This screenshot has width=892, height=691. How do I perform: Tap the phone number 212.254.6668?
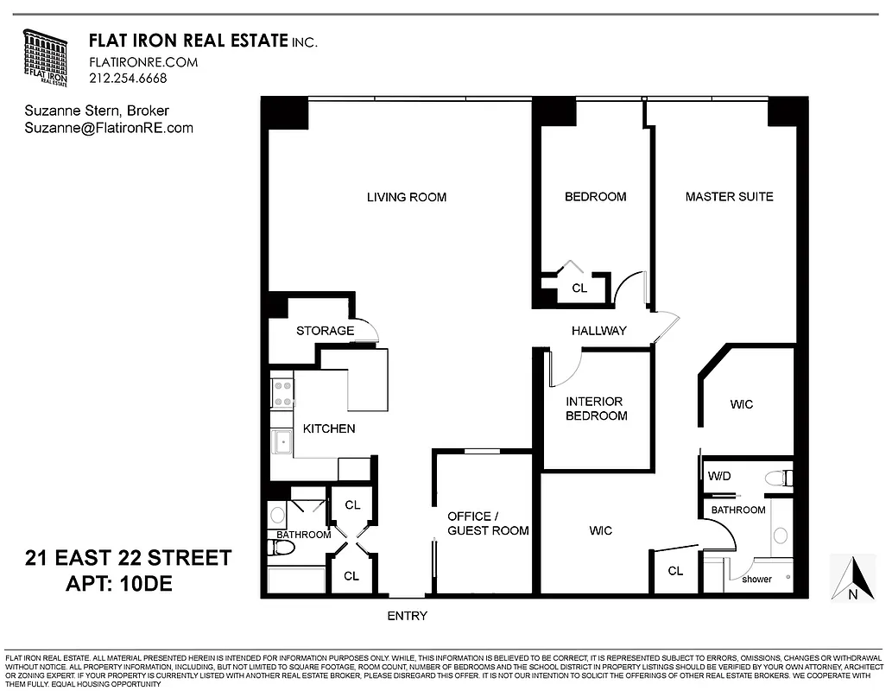(128, 78)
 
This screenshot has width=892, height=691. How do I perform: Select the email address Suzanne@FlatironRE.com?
(109, 128)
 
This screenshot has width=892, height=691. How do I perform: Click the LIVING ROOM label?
(407, 197)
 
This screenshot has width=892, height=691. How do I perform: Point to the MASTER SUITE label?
(729, 196)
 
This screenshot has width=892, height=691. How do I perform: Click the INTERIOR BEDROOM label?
(596, 409)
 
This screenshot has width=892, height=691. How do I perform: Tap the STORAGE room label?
(325, 331)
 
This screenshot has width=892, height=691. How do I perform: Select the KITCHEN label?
(329, 428)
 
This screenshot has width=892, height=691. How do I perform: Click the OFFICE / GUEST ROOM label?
(488, 523)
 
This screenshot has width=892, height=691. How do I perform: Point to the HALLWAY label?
(598, 331)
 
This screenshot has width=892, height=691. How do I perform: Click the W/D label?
(719, 476)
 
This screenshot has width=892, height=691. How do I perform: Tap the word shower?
(756, 579)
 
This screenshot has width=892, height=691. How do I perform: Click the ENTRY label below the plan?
(407, 616)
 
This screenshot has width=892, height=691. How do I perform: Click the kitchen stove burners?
(282, 393)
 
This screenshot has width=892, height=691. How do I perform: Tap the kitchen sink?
(282, 443)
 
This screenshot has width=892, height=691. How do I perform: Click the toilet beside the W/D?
(778, 477)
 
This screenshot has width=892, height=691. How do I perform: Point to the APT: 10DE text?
(119, 583)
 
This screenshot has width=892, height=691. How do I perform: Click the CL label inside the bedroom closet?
(579, 288)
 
